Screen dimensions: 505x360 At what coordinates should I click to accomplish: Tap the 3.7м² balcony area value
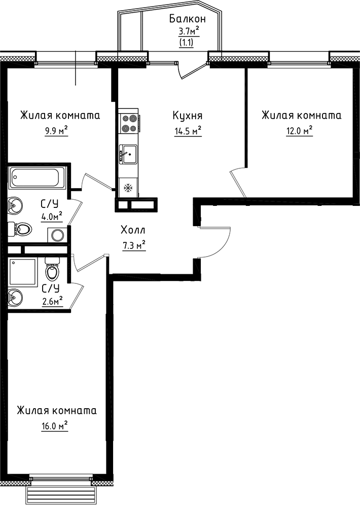coord(188,32)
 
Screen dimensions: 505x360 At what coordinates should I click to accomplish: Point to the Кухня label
coord(187,116)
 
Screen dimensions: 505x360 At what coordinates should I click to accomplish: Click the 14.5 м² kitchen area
coord(187,131)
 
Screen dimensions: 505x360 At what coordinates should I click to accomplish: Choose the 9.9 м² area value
coord(56,131)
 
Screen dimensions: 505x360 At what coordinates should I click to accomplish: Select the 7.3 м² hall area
coord(133,246)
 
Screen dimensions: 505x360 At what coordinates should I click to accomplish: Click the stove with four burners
coord(129,123)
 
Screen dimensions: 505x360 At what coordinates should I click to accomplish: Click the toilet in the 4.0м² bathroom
coord(22,230)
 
